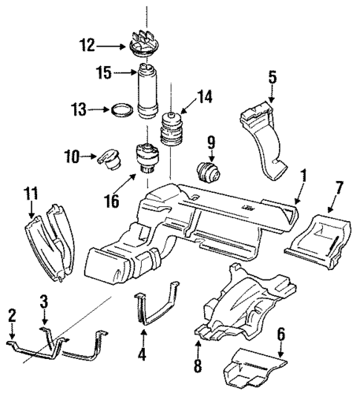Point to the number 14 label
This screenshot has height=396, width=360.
tap(203, 96)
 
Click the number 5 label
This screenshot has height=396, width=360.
tap(272, 77)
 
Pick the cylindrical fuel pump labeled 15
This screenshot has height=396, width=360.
tap(147, 93)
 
